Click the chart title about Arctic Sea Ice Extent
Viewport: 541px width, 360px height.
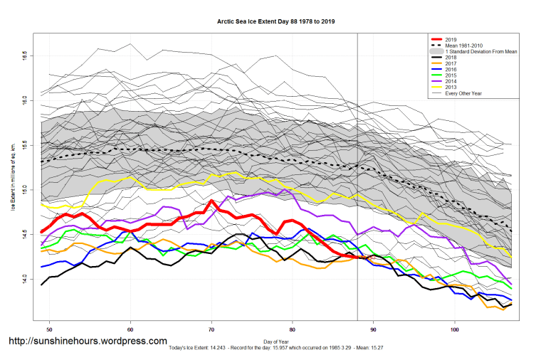coord(275,21)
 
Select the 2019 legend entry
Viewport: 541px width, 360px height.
coord(448,39)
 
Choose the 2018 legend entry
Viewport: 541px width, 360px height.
coord(448,58)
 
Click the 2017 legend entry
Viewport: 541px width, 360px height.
coord(448,65)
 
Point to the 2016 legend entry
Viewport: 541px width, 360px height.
coord(448,71)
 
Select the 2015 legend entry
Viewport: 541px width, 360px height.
coord(448,78)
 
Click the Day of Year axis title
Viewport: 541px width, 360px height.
coord(275,342)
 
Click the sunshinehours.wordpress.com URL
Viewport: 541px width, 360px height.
coord(88,342)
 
